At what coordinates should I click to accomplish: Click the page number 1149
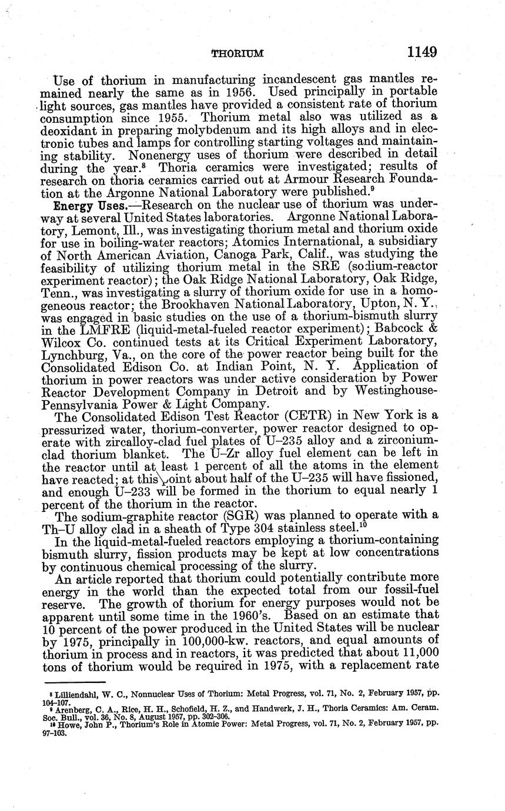(x=421, y=52)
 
